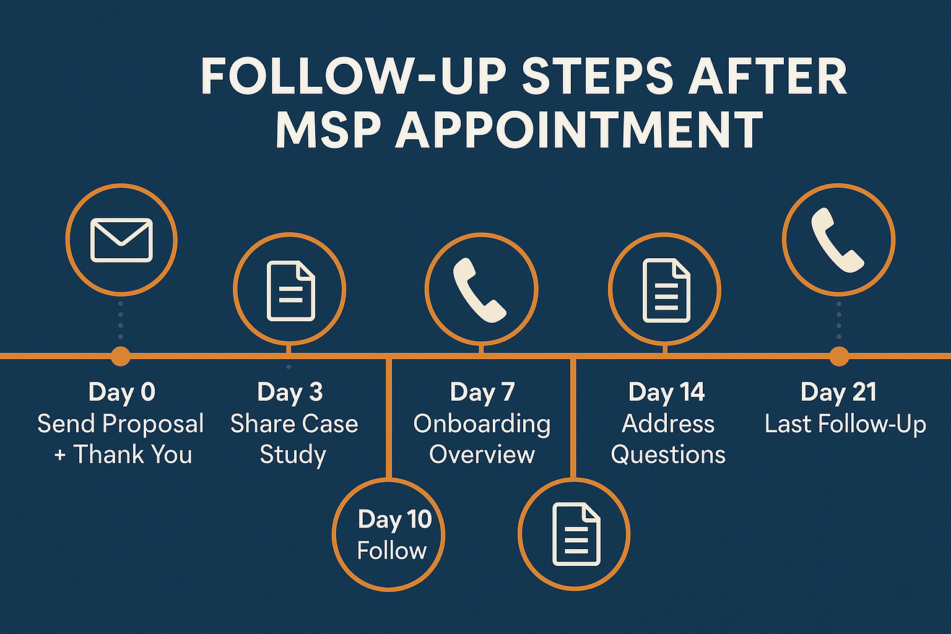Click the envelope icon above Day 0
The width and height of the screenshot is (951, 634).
click(121, 240)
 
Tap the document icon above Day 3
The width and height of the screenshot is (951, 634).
click(290, 291)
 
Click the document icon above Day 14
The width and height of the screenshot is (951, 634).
click(666, 290)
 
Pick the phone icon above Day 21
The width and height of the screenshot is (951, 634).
click(838, 240)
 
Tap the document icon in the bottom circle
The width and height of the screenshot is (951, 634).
click(576, 534)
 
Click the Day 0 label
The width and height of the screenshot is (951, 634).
click(122, 392)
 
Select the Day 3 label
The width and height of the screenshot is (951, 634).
click(290, 392)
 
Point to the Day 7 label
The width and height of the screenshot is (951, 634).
click(482, 392)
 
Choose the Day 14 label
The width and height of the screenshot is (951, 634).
click(667, 392)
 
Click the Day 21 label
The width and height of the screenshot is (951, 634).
click(839, 392)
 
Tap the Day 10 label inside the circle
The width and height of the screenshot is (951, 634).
click(394, 519)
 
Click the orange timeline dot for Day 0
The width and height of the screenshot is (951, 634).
click(121, 356)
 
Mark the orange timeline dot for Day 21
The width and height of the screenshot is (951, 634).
click(839, 356)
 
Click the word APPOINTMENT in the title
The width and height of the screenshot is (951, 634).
click(578, 130)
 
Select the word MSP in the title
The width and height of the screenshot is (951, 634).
click(329, 130)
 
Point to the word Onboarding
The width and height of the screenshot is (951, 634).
click(482, 424)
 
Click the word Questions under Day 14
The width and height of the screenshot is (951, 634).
click(668, 455)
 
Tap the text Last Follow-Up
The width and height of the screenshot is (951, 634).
click(845, 424)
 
